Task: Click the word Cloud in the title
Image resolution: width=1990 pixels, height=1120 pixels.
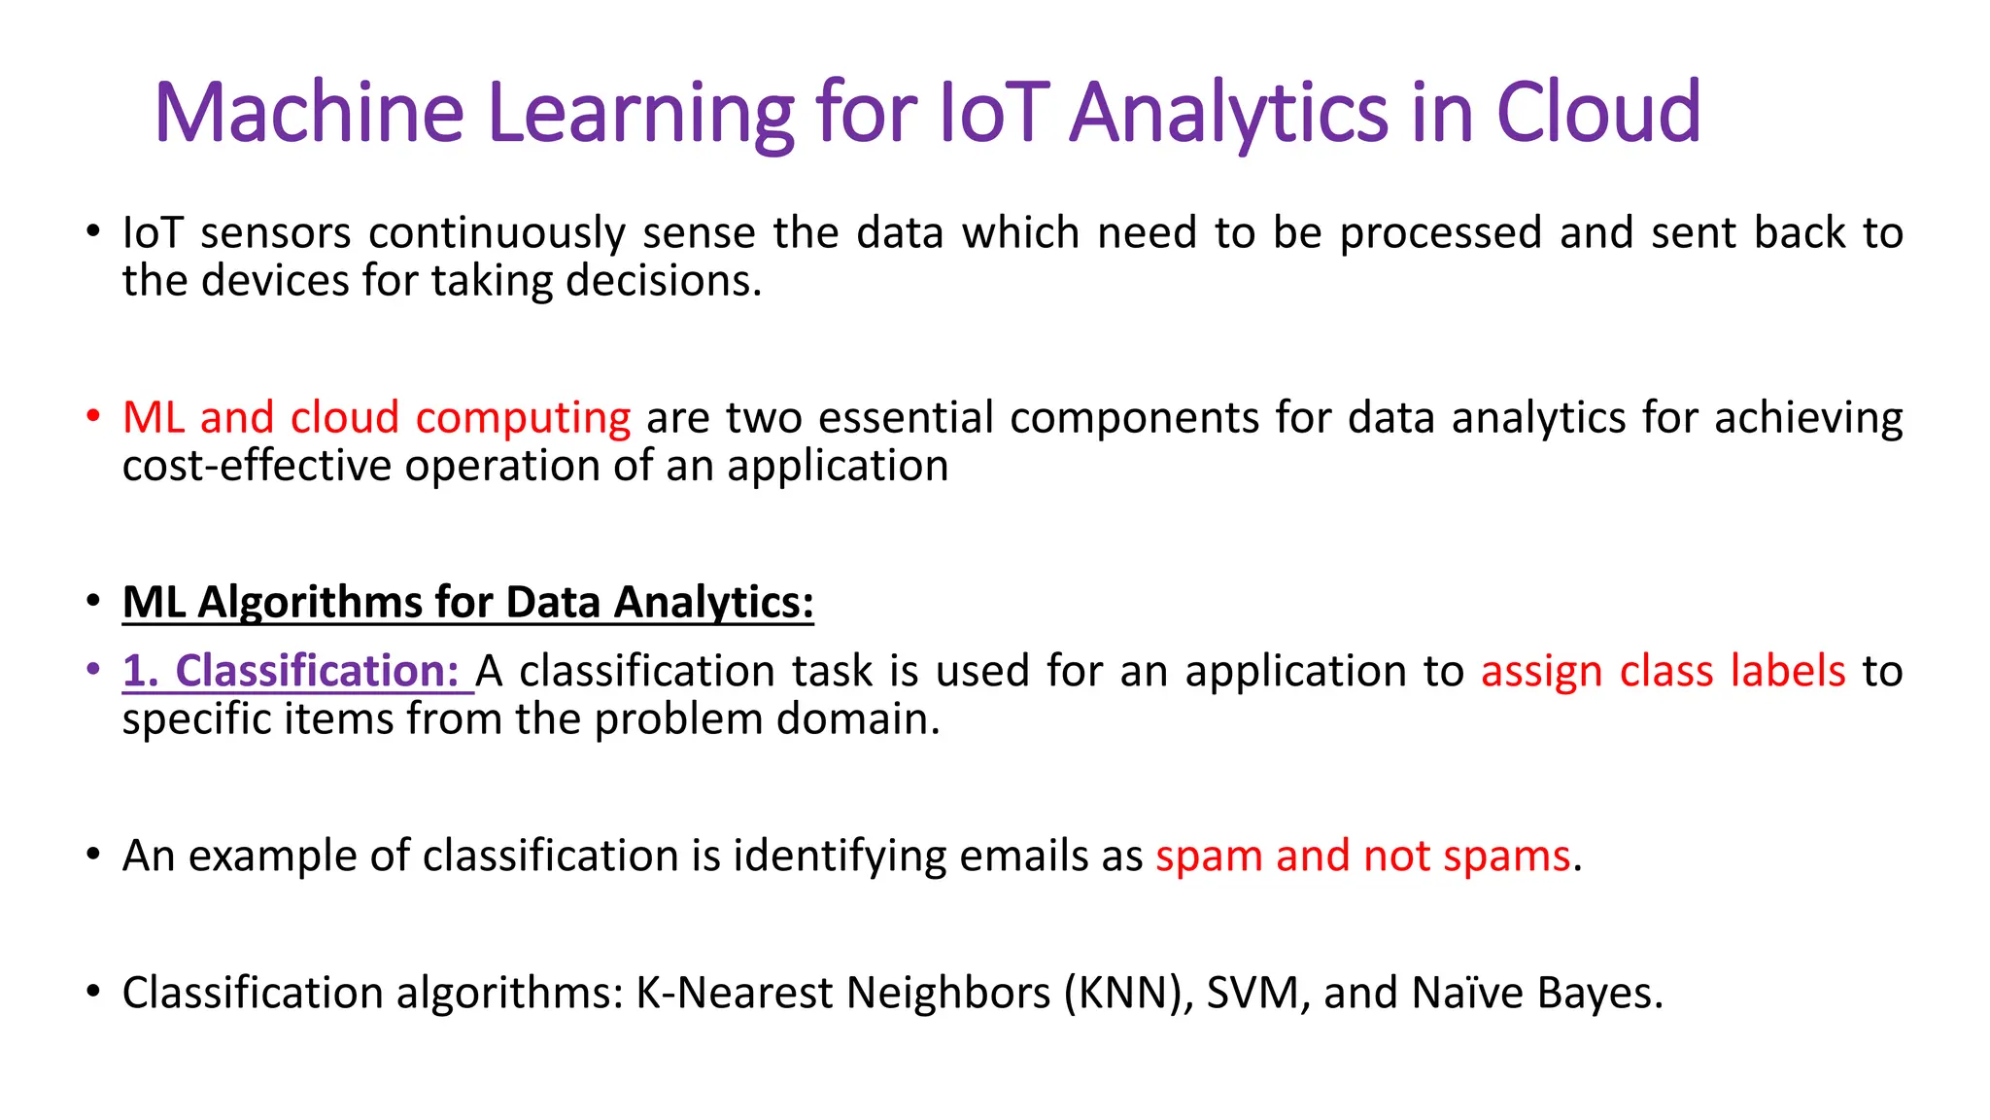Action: coord(1598,113)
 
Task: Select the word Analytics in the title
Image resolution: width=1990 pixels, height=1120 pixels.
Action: coord(1229,113)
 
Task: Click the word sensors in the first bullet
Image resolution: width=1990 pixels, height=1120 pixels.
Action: coord(276,233)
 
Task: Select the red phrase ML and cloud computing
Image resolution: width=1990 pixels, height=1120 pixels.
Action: coord(377,418)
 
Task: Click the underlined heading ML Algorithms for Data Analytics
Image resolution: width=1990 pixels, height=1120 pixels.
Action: coord(467,602)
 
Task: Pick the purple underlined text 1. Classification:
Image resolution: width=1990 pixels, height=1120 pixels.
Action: coord(292,671)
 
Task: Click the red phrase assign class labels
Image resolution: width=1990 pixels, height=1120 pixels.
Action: coord(1663,671)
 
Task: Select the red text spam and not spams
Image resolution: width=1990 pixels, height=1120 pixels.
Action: coord(1362,856)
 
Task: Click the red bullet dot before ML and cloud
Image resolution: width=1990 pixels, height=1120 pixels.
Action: coord(93,417)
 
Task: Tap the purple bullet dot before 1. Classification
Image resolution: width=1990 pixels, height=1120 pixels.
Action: coord(93,670)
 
